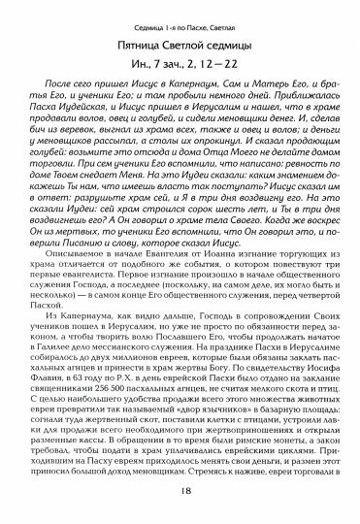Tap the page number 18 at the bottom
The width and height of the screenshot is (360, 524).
tap(180, 504)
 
